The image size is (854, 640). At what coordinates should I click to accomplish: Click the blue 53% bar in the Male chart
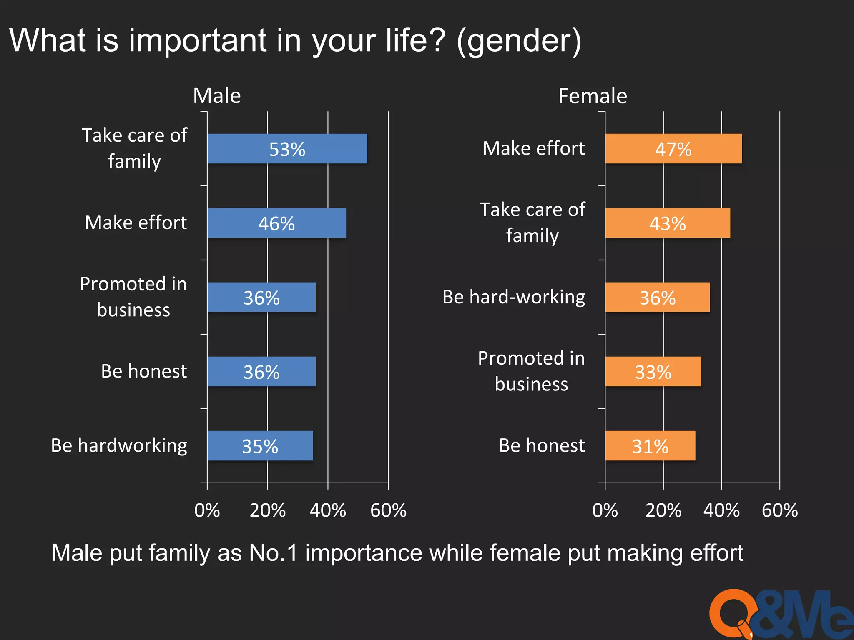point(287,149)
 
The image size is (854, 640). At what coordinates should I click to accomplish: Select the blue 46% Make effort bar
point(276,223)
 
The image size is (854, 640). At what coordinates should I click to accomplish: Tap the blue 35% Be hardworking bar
point(260,446)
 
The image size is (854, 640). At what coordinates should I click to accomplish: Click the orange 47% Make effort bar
point(673,149)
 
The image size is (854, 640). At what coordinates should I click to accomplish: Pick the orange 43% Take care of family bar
point(667,223)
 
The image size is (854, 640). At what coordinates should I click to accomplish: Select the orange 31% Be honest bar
point(650,446)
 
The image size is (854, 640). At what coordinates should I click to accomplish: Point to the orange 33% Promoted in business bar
point(653,372)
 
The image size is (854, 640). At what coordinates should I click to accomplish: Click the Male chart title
point(217,96)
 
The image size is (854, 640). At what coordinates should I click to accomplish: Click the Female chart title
point(593,96)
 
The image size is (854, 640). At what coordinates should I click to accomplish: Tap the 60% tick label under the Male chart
point(388,510)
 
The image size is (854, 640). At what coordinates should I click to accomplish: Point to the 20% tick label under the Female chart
point(663,510)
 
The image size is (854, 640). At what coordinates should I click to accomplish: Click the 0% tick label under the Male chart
point(207,510)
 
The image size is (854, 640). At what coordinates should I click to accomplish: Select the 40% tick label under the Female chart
point(721,510)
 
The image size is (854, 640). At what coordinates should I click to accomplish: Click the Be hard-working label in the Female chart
point(514,297)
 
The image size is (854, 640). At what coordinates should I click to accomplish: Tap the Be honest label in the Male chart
point(144,371)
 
